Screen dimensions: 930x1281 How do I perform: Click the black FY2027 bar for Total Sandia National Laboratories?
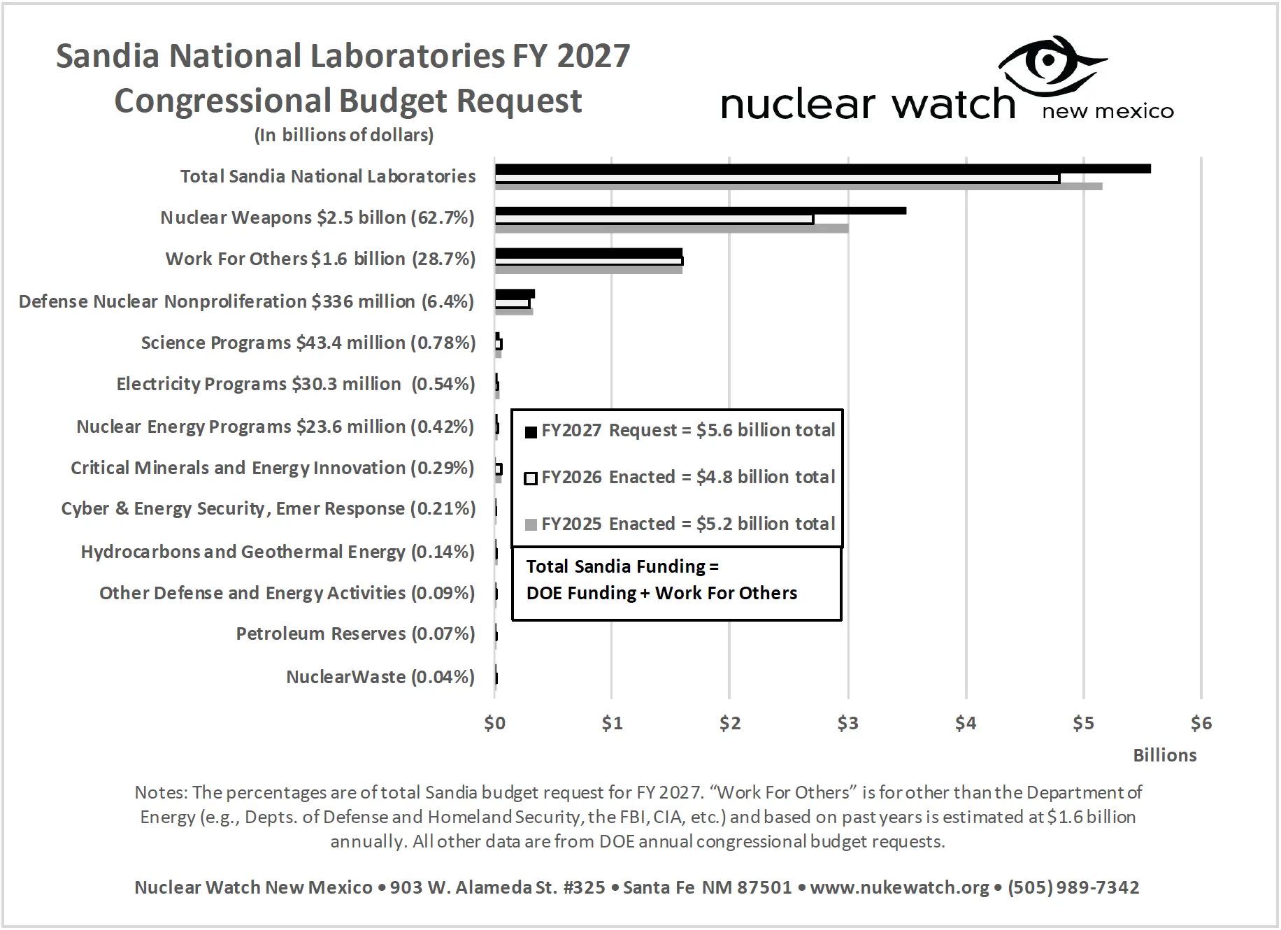click(x=822, y=169)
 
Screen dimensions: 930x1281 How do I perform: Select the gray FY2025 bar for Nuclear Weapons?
click(x=671, y=229)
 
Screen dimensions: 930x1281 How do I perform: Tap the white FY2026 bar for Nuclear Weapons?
click(x=654, y=220)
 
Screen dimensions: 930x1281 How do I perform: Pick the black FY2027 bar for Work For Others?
click(x=588, y=252)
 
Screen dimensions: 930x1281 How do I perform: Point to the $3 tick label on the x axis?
click(x=847, y=723)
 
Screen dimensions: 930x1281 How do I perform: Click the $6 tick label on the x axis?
click(x=1201, y=723)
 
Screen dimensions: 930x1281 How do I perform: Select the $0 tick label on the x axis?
click(x=494, y=723)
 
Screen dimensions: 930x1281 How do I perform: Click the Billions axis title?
click(x=1164, y=755)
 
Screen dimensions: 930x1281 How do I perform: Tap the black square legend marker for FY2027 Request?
click(x=531, y=431)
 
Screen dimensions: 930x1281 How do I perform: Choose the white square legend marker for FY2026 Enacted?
click(x=531, y=478)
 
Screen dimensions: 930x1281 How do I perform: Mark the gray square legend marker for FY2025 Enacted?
click(x=531, y=524)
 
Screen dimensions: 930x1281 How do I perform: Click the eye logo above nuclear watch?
click(x=1051, y=64)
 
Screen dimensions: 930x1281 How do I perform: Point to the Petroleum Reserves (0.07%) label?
click(x=355, y=634)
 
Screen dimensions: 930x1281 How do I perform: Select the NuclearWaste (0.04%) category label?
click(x=380, y=677)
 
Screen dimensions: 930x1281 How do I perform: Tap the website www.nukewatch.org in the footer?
click(x=899, y=887)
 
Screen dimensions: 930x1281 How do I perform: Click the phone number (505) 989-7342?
click(x=1073, y=887)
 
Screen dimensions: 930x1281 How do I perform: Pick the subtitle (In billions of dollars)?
click(x=343, y=135)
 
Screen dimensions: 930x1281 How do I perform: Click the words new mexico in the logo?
click(x=1108, y=111)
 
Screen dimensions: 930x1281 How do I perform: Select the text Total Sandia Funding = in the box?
click(x=622, y=566)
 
